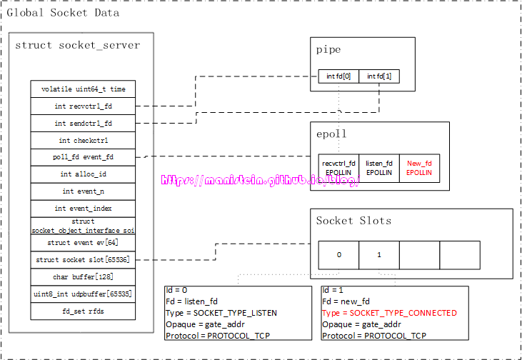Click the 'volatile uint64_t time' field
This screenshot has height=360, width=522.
(83, 89)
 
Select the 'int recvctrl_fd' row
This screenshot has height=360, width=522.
(83, 106)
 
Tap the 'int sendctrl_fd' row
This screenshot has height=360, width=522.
(83, 124)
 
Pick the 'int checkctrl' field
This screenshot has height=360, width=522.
(83, 141)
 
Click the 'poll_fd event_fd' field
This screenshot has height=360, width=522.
(83, 157)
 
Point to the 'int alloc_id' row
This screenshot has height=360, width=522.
(83, 174)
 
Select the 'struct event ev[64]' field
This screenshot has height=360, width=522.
(83, 243)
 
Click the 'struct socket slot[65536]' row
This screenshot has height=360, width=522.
(83, 260)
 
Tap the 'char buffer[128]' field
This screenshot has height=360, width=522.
(83, 277)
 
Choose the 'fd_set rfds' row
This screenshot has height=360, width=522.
(83, 311)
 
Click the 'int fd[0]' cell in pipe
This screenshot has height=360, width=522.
(338, 76)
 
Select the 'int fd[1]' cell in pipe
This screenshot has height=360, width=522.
(378, 76)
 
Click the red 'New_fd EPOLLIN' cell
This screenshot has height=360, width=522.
(419, 168)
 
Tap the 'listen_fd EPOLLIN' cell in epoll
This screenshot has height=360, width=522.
(378, 168)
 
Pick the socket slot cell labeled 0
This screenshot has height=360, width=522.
(338, 255)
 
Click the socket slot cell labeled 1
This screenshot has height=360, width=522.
(378, 255)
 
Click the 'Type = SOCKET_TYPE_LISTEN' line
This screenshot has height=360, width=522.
(221, 313)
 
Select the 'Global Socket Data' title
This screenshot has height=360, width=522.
(63, 13)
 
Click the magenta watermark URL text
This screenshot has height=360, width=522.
(260, 181)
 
